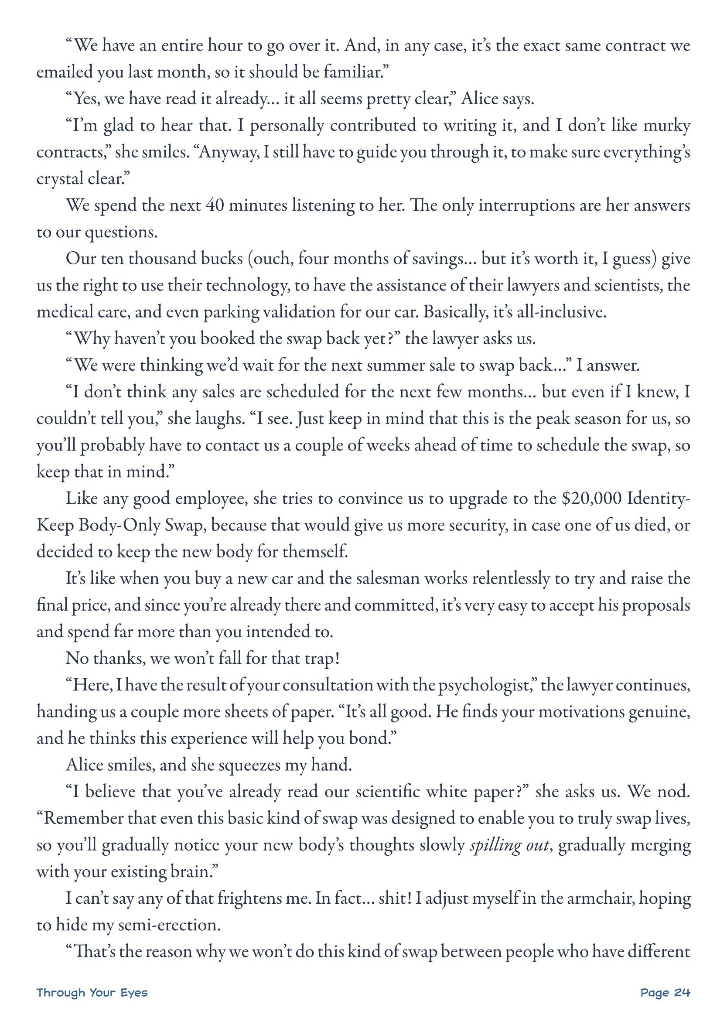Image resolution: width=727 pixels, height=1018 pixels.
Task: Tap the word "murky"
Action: pos(666,126)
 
